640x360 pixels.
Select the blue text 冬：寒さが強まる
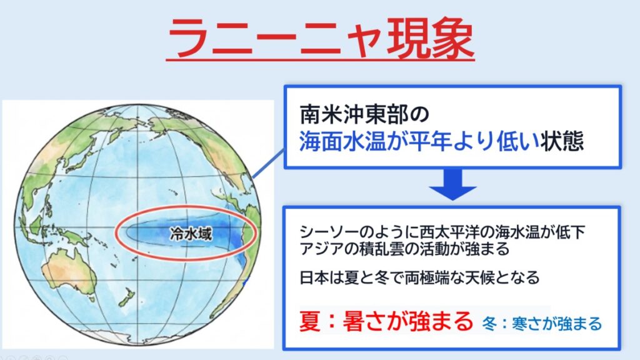[x=542, y=323]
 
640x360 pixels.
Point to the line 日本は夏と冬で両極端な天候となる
[x=419, y=277]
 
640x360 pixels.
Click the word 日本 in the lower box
[x=312, y=277]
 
